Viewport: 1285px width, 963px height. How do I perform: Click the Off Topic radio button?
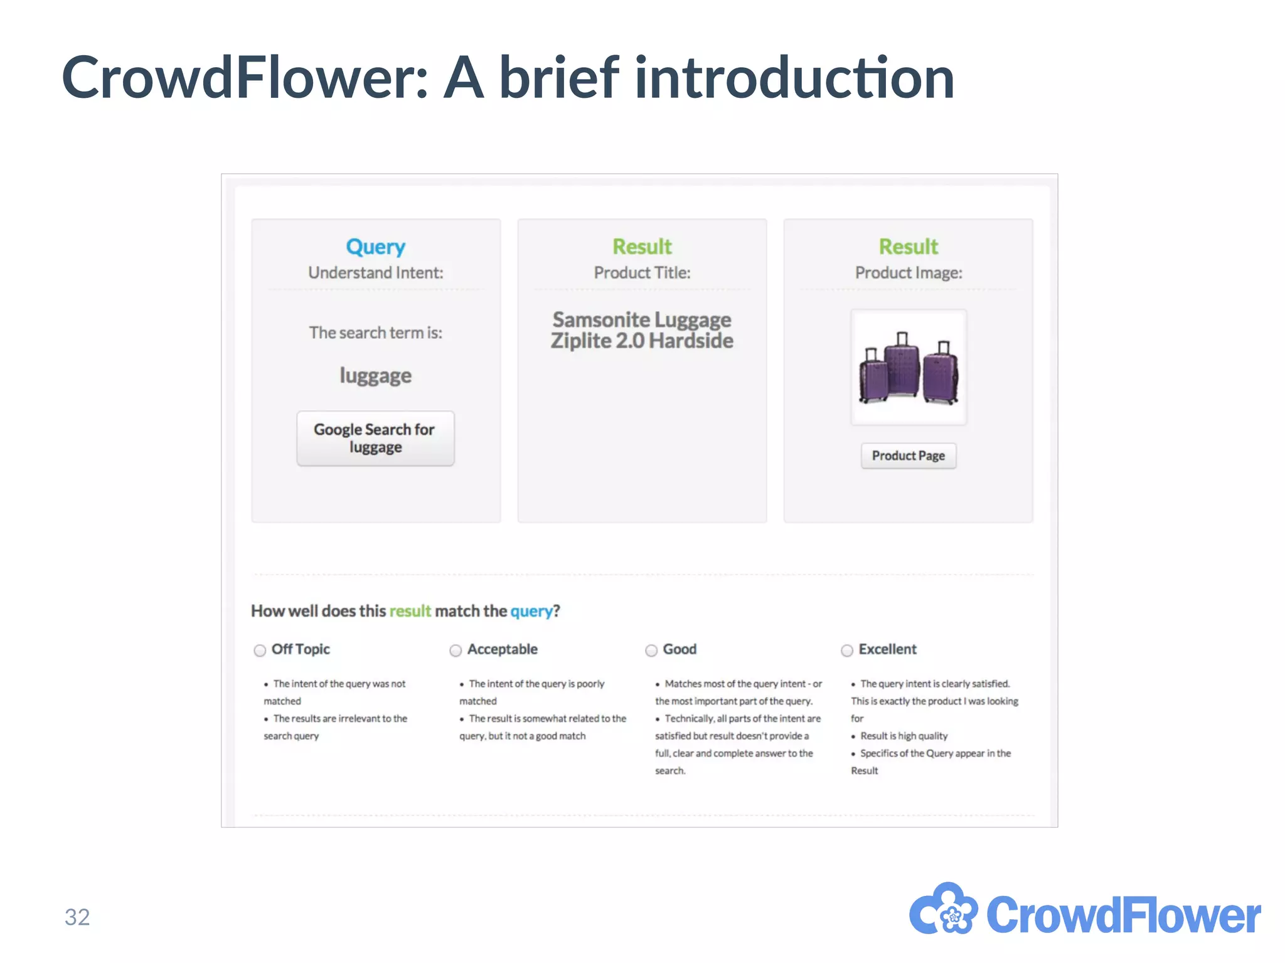[260, 651]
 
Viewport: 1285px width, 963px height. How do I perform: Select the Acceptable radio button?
[456, 651]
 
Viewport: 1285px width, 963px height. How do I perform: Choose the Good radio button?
[651, 651]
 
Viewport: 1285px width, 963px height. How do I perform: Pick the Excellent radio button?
[847, 651]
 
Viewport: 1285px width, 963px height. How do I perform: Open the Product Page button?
[908, 456]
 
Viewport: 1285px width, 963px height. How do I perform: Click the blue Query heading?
[375, 247]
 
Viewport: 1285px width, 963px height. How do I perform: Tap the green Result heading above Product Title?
[642, 247]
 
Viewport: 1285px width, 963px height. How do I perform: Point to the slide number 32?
[77, 917]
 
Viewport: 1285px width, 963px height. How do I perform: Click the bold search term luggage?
[375, 375]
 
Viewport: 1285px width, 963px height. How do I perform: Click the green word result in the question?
[410, 611]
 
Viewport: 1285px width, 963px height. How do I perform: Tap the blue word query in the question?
[531, 611]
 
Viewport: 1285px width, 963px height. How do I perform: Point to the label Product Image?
[908, 273]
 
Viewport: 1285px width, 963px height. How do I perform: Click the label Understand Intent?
[375, 273]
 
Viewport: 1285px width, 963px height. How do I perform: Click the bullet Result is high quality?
[904, 736]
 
